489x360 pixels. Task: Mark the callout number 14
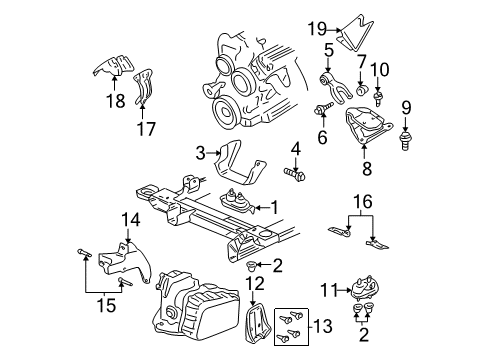coord(130,217)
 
